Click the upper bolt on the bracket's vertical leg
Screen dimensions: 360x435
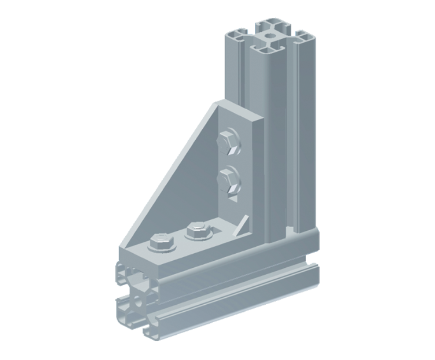coord(228,142)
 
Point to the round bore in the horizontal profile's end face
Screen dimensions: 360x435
coord(139,300)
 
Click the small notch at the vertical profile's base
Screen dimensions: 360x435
coord(288,228)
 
